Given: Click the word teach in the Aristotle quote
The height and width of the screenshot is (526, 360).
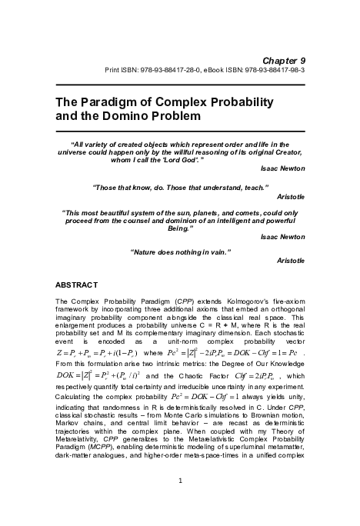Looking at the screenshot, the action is [x=255, y=187].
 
